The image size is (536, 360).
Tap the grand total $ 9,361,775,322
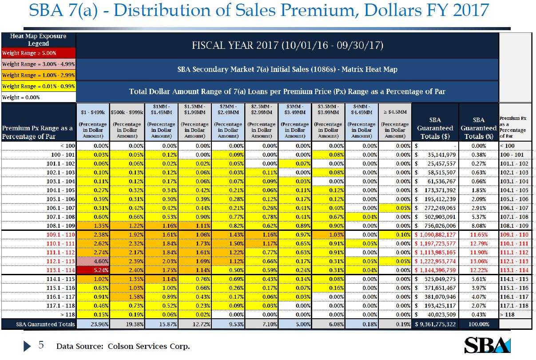[435, 324]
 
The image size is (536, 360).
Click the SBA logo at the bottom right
[487, 345]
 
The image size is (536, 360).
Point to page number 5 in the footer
[40, 345]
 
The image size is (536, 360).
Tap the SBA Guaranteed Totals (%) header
[478, 128]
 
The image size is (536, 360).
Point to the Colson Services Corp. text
[149, 346]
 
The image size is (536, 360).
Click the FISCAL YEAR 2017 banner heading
[287, 46]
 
